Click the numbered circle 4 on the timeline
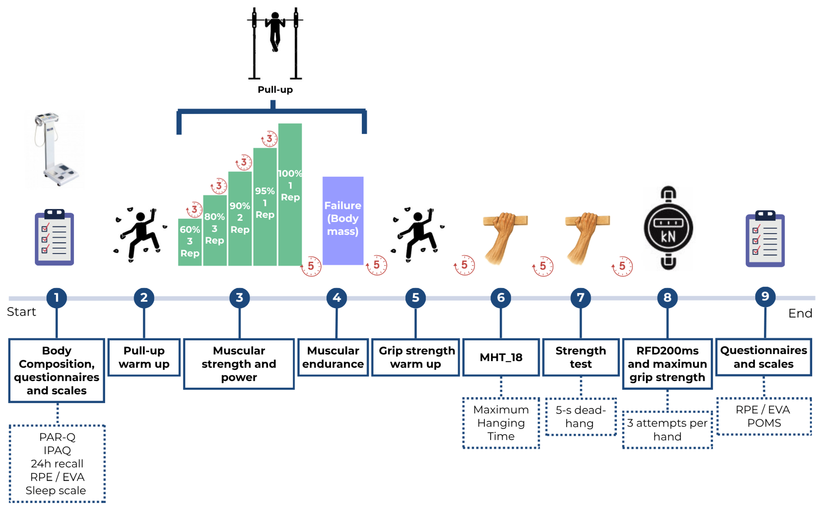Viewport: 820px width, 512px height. (x=337, y=298)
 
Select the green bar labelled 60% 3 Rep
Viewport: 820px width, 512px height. (x=190, y=242)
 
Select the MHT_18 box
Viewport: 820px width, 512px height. (x=501, y=357)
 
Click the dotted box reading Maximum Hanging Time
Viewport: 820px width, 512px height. (x=501, y=423)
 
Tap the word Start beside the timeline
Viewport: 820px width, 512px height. (x=21, y=312)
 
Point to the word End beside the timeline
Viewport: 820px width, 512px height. (x=800, y=313)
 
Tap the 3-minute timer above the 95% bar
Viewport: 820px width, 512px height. (x=269, y=138)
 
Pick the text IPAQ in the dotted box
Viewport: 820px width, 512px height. (x=57, y=450)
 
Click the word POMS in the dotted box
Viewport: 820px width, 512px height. (x=764, y=423)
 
